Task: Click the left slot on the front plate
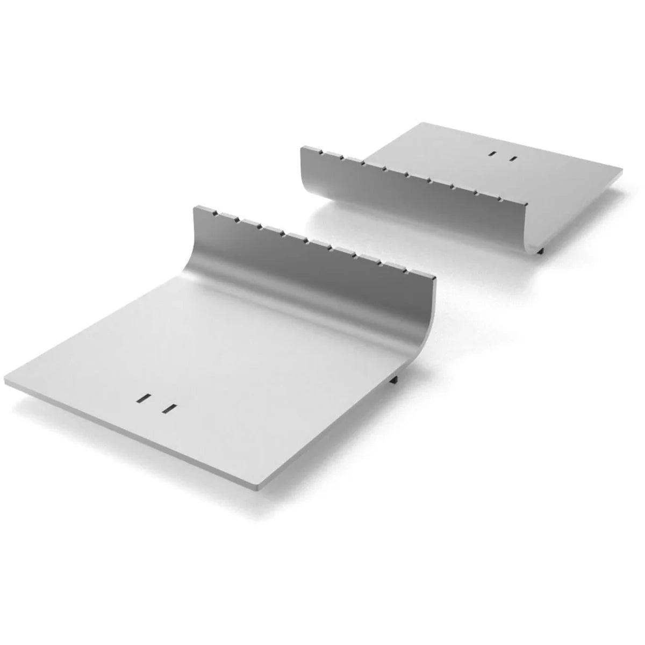pyautogui.click(x=144, y=398)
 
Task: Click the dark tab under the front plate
pyautogui.click(x=395, y=379)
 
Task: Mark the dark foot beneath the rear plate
pyautogui.click(x=541, y=250)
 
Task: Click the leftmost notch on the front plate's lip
pyautogui.click(x=215, y=213)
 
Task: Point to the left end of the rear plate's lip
pyautogui.click(x=301, y=147)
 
